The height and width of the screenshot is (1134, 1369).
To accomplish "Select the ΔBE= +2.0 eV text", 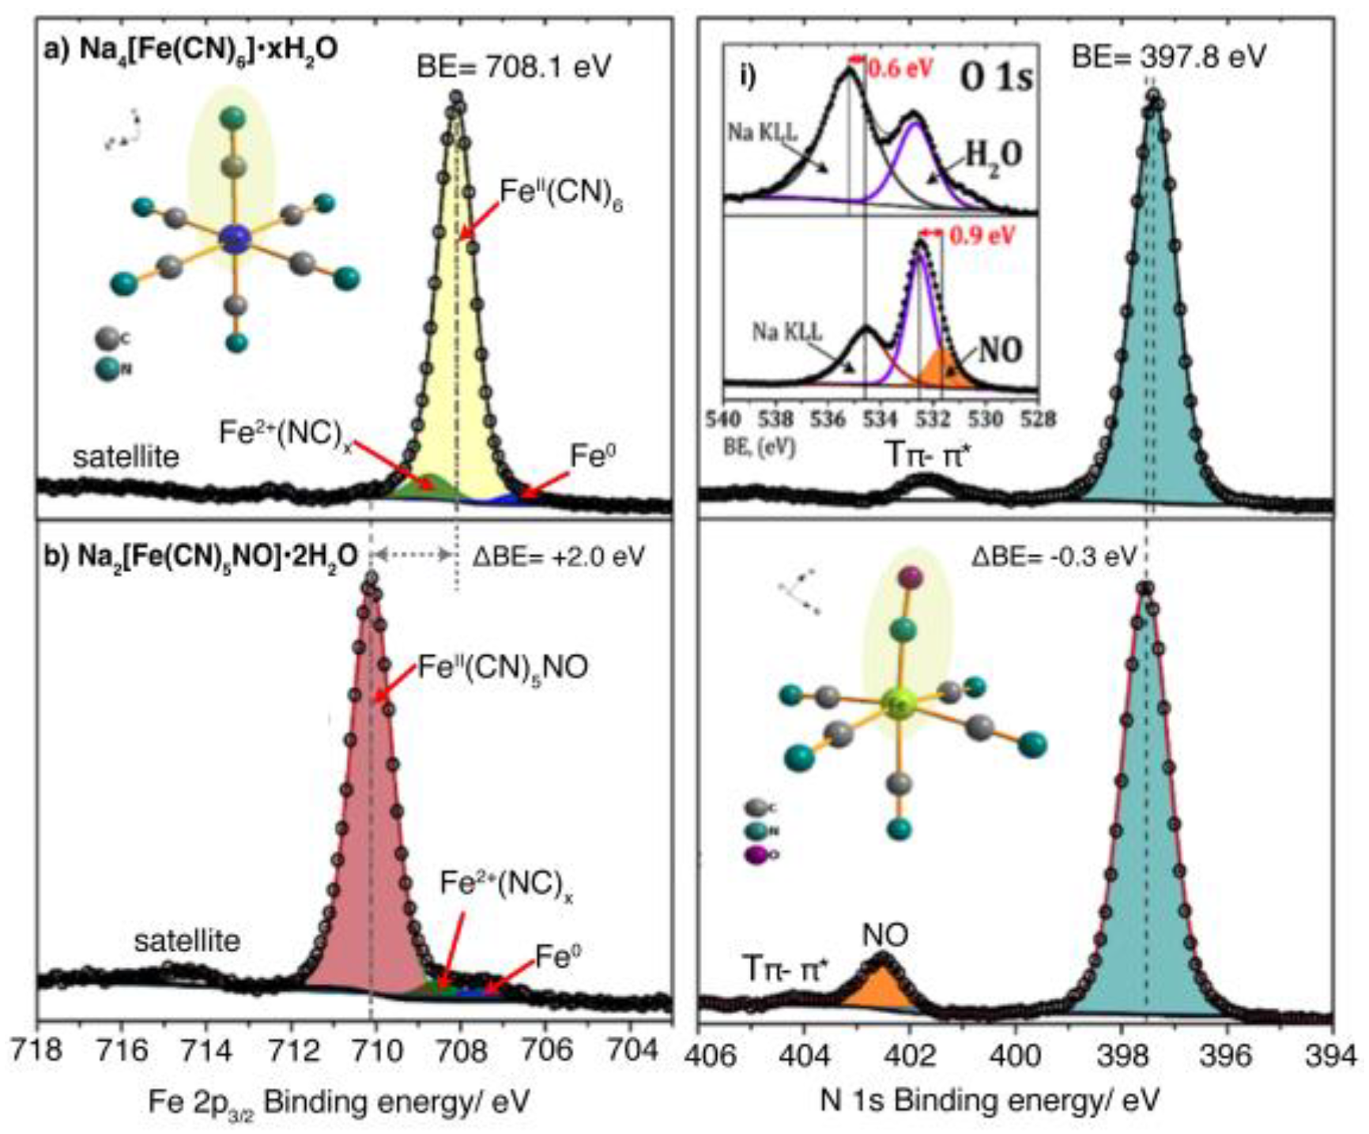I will pyautogui.click(x=558, y=556).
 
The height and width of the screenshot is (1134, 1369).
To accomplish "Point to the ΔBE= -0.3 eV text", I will pyautogui.click(x=1053, y=556).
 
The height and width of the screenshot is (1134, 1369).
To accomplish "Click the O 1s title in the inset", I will pyautogui.click(x=995, y=77).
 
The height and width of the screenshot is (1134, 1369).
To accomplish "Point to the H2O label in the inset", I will pyautogui.click(x=994, y=155).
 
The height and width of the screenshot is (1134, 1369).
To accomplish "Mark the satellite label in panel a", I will pyautogui.click(x=126, y=457).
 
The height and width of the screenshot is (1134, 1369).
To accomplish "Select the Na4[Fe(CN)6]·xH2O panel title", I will pyautogui.click(x=190, y=49).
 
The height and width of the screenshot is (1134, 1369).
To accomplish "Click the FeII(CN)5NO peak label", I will pyautogui.click(x=503, y=669).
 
